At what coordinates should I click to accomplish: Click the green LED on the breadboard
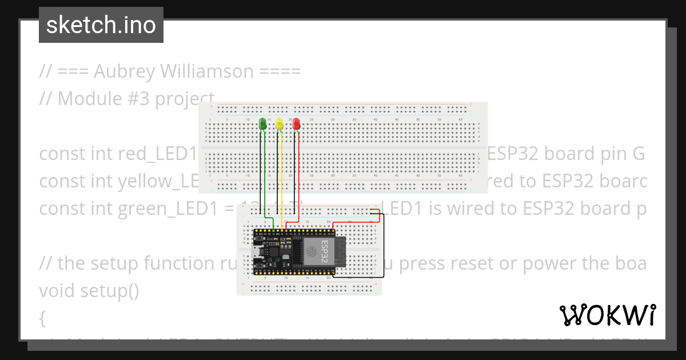coord(263,123)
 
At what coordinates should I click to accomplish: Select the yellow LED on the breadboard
coord(280,123)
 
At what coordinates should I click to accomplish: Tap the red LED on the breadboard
coord(296,123)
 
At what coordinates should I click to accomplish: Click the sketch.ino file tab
coord(101,25)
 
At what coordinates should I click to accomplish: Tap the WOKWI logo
coord(607,315)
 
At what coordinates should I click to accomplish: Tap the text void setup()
coord(89,291)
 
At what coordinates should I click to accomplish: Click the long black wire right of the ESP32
coord(384,246)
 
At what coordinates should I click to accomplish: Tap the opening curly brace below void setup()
coord(42,318)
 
